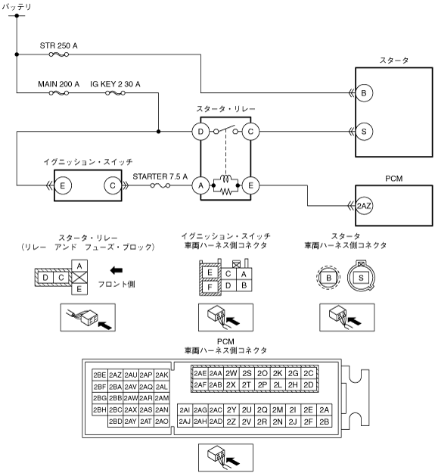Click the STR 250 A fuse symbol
(59, 54)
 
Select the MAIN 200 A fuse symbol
(59, 93)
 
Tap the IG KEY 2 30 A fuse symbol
(115, 93)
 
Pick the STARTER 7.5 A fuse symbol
(160, 185)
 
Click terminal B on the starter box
(364, 93)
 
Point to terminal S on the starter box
(364, 132)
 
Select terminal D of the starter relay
(200, 132)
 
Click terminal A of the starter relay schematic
(200, 185)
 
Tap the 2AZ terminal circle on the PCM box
(364, 206)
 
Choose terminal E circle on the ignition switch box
(63, 185)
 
